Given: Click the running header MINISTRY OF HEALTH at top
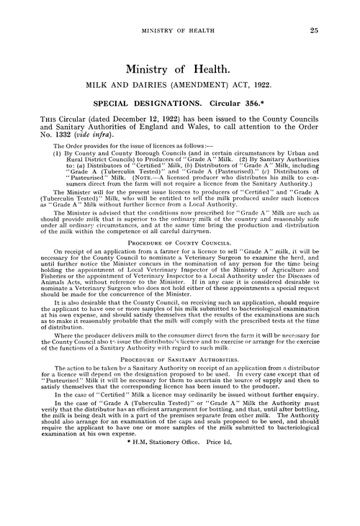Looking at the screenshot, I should [x=179, y=31].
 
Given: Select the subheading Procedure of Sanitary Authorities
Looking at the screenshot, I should [x=179, y=356].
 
